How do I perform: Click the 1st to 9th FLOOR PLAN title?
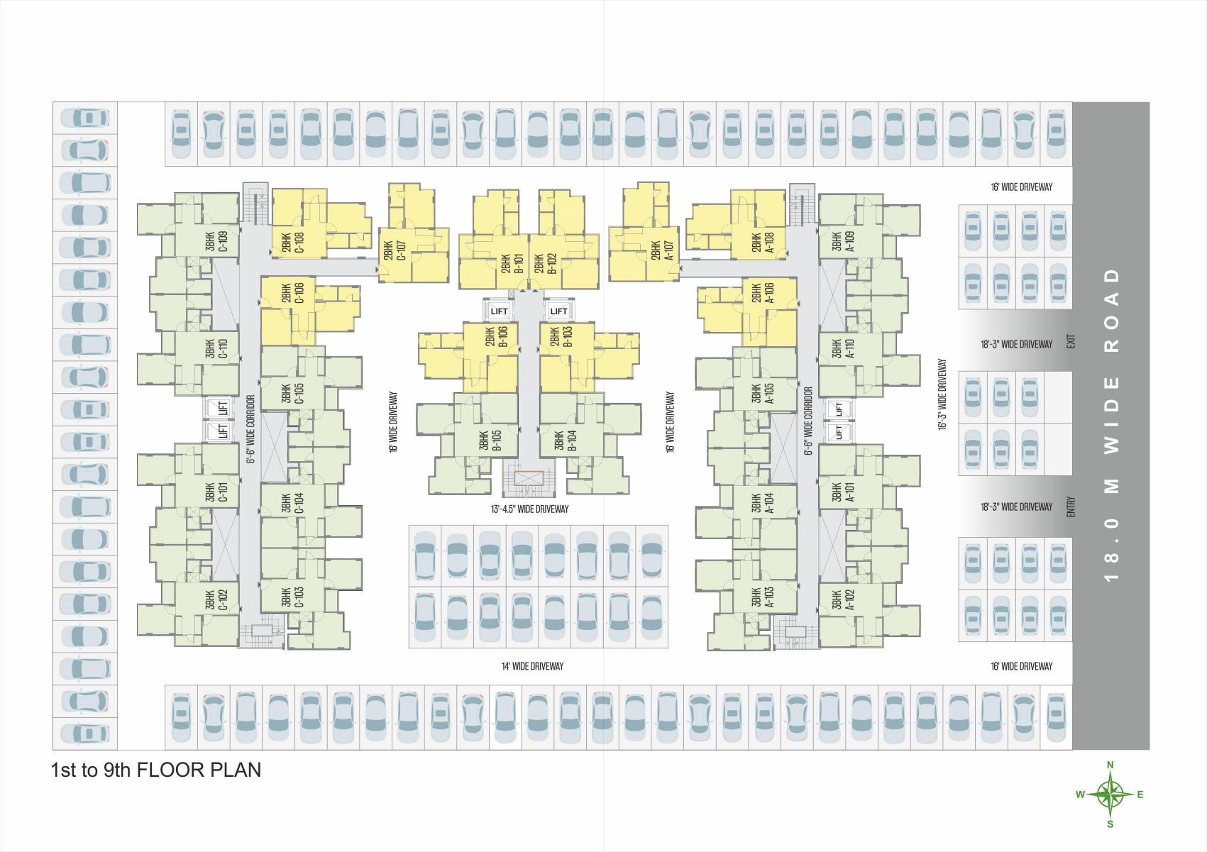pyautogui.click(x=156, y=770)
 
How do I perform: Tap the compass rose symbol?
pyautogui.click(x=1110, y=794)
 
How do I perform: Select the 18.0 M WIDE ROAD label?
pyautogui.click(x=1111, y=425)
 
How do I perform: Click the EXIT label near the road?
pyautogui.click(x=1071, y=342)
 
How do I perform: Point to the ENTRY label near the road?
pyautogui.click(x=1071, y=507)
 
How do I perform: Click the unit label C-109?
pyautogui.click(x=217, y=241)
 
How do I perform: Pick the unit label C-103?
pyautogui.click(x=293, y=597)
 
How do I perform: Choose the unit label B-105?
pyautogui.click(x=490, y=441)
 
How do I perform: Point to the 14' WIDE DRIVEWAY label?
pyautogui.click(x=532, y=666)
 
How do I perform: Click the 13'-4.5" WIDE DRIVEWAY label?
pyautogui.click(x=529, y=509)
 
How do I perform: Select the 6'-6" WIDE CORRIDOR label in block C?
pyautogui.click(x=250, y=429)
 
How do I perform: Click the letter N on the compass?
pyautogui.click(x=1110, y=765)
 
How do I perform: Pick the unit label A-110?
pyautogui.click(x=844, y=348)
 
